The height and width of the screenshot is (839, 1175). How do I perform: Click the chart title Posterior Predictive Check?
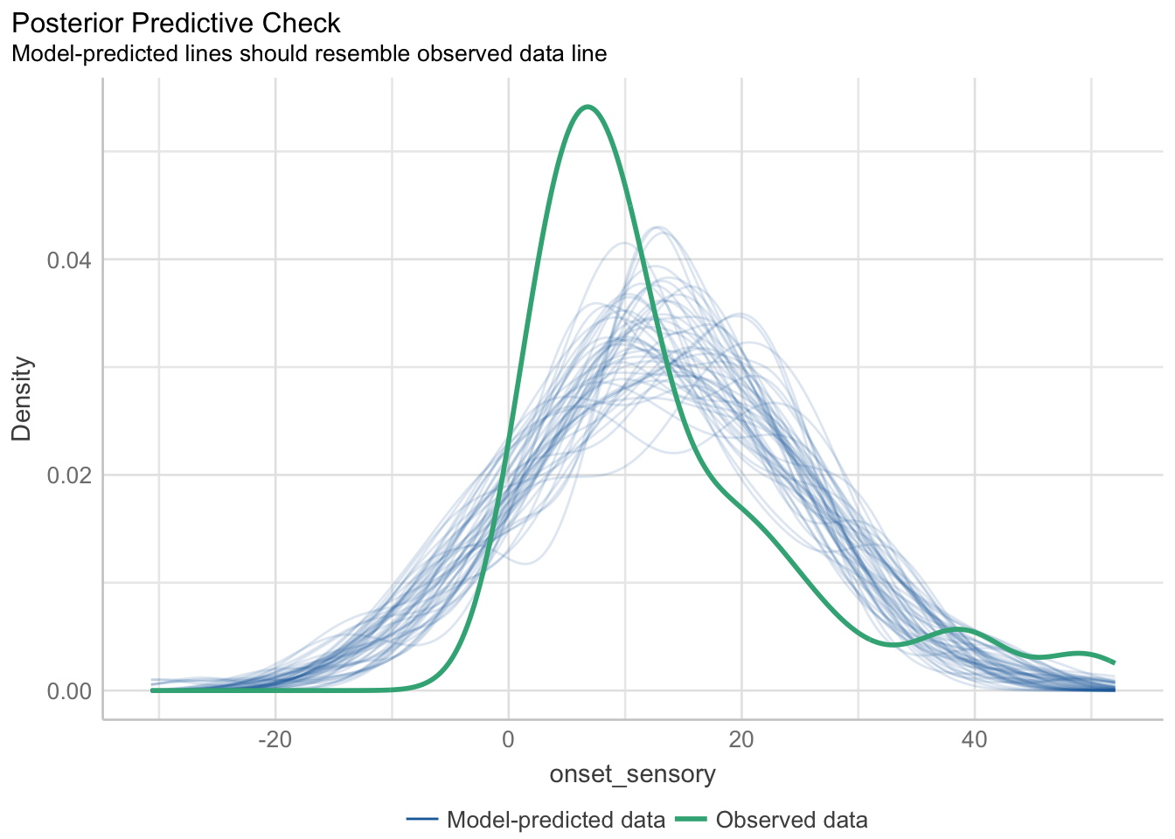(176, 22)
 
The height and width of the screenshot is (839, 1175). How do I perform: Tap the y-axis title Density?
(22, 399)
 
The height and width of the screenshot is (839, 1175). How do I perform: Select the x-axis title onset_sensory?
(632, 773)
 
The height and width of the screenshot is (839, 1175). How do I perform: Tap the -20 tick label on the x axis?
(275, 738)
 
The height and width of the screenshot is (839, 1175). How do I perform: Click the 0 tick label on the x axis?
(508, 738)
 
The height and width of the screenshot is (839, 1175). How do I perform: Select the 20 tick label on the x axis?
(741, 738)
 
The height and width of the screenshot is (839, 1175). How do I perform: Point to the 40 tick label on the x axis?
(974, 738)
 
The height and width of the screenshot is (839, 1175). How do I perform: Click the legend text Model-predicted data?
(556, 820)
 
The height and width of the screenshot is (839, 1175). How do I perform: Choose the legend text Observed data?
(791, 820)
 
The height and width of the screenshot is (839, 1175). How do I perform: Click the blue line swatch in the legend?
(421, 820)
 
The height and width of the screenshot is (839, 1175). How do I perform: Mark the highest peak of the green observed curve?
(587, 107)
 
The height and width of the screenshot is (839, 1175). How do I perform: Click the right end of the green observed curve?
(1114, 662)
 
